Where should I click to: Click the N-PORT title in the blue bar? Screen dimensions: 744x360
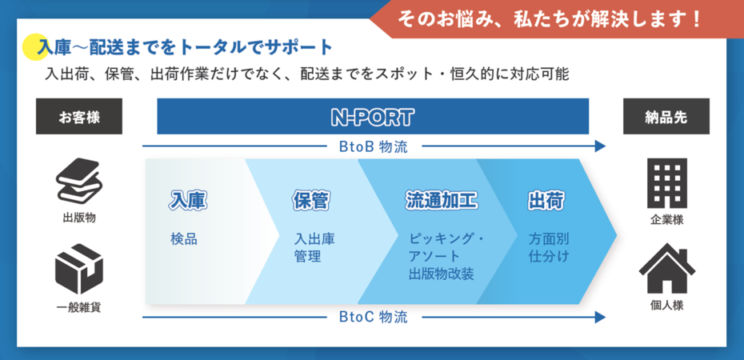coord(373,117)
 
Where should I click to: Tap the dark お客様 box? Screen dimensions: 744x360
coord(78,116)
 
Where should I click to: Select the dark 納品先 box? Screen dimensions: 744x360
coord(666,116)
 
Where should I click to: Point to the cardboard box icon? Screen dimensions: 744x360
coord(79,269)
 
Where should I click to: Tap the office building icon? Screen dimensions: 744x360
coord(667,183)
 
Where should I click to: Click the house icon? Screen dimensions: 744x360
coord(666,268)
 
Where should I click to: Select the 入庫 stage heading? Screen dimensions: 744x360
coord(188,201)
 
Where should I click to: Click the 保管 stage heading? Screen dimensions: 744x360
coord(310,201)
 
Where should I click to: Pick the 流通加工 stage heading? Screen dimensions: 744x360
coord(442,201)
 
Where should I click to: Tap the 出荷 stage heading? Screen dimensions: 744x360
coord(546,201)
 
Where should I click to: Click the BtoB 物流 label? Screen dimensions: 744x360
coord(374,146)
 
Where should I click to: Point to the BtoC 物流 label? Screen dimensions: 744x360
coord(374,317)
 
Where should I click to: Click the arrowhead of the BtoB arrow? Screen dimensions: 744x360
coord(601,146)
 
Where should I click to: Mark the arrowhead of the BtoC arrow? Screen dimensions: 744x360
coord(601,317)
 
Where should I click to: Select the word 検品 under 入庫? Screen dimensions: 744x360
coord(184,239)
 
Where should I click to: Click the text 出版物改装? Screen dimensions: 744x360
coord(442,274)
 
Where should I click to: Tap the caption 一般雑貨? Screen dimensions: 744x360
coord(78,307)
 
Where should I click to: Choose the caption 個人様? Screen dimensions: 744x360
coord(666,306)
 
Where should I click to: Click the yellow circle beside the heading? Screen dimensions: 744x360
coord(35,48)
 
